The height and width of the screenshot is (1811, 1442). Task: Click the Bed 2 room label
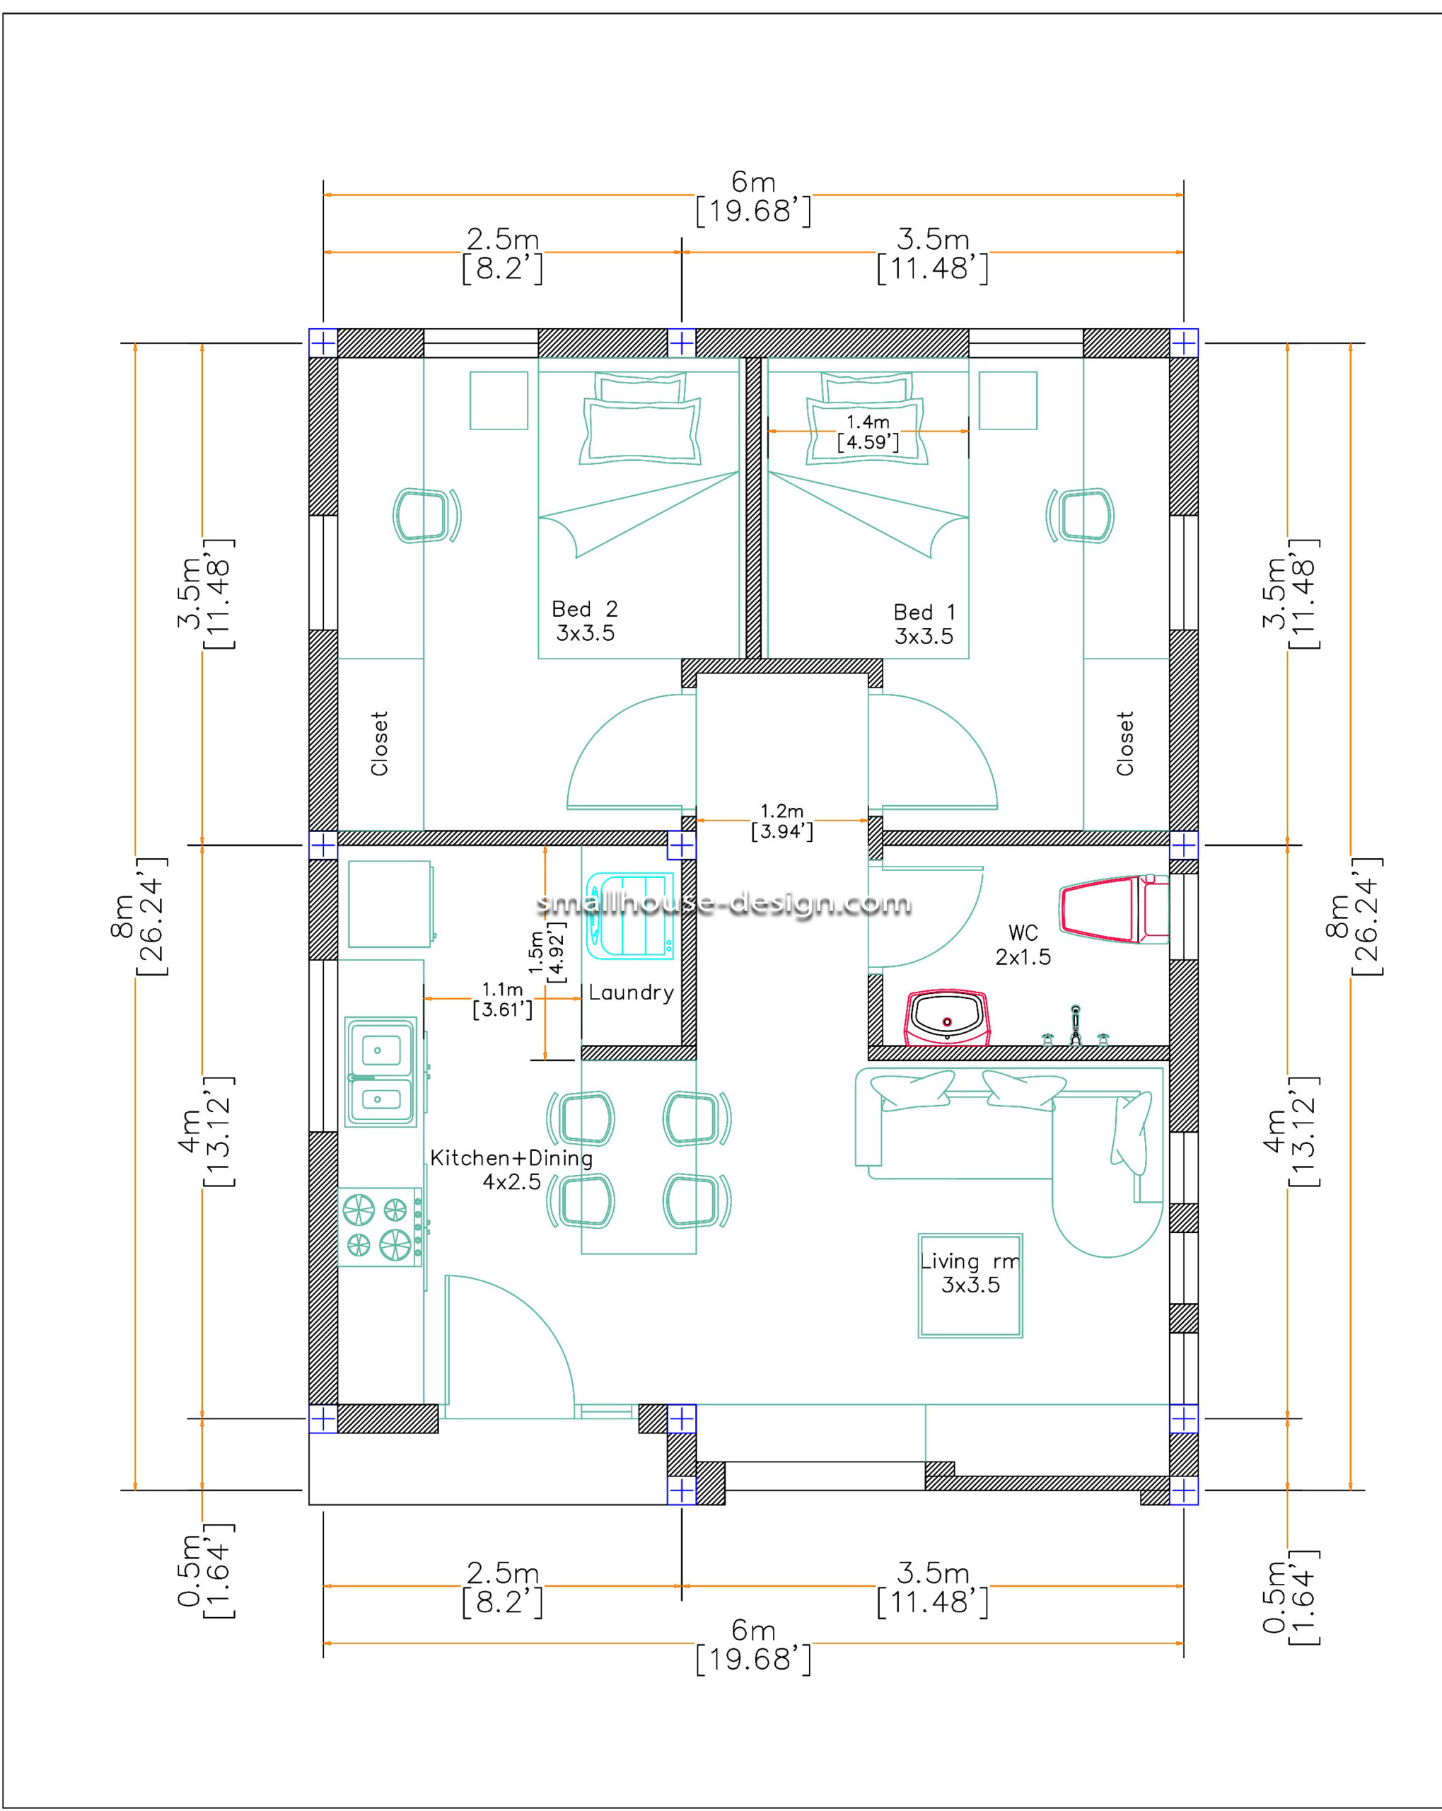pos(585,620)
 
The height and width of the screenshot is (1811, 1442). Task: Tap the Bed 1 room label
pos(924,624)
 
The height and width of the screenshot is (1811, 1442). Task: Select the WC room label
pos(1023,945)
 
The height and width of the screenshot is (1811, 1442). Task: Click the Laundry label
pos(631,993)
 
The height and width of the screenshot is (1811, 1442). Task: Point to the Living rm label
pos(970,1273)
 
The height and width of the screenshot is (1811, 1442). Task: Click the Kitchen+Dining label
pos(511,1169)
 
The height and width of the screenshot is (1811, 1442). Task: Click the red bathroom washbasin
pos(946,1017)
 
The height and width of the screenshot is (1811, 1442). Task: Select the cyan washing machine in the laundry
pos(630,915)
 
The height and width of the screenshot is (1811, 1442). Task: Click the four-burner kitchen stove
pos(380,1227)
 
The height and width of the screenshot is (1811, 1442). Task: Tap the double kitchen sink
pos(380,1072)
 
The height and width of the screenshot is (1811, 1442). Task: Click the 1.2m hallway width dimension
pos(782,821)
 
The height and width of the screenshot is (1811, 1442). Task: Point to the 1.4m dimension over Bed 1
pos(868,432)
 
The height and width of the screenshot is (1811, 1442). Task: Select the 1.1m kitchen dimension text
pos(502,1000)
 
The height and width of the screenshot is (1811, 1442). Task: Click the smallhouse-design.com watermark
pos(724,904)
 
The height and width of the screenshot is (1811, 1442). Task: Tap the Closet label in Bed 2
pos(379,743)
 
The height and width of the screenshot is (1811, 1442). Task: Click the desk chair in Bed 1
pos(1081,515)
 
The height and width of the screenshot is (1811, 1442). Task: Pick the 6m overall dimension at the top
pos(753,196)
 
